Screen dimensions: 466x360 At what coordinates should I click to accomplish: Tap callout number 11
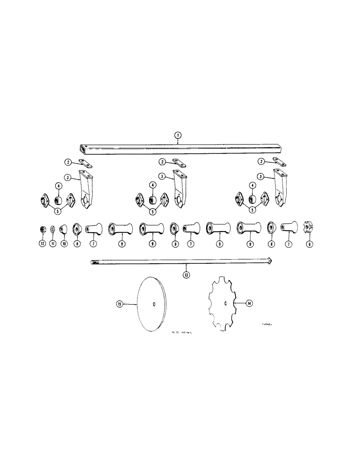click(52, 243)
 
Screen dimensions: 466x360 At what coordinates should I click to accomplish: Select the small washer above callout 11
click(52, 229)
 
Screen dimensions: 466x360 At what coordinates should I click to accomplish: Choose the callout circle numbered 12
click(42, 243)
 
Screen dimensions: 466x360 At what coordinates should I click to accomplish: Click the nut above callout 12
click(42, 229)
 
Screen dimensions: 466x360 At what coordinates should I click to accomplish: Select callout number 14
click(249, 303)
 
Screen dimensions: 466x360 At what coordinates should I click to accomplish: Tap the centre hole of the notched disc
click(225, 304)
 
